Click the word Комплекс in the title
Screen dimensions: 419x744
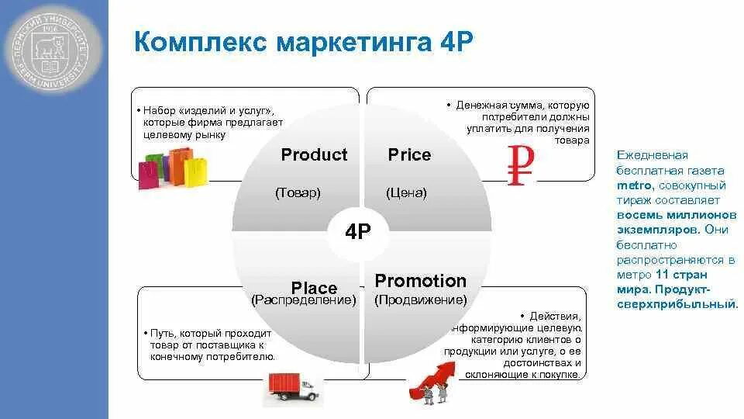click(198, 40)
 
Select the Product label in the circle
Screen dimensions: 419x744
click(314, 154)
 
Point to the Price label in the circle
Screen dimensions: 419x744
click(409, 154)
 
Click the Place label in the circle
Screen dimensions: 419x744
click(314, 289)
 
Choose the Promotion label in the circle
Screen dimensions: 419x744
click(421, 281)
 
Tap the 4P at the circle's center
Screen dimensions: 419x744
click(359, 232)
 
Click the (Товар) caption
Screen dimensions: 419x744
click(298, 192)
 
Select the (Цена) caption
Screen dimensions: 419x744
click(406, 192)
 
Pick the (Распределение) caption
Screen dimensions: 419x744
click(304, 300)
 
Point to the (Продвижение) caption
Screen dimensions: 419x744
click(421, 300)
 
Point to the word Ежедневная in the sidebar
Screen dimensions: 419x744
click(652, 156)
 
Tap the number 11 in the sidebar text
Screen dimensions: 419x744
click(661, 274)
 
